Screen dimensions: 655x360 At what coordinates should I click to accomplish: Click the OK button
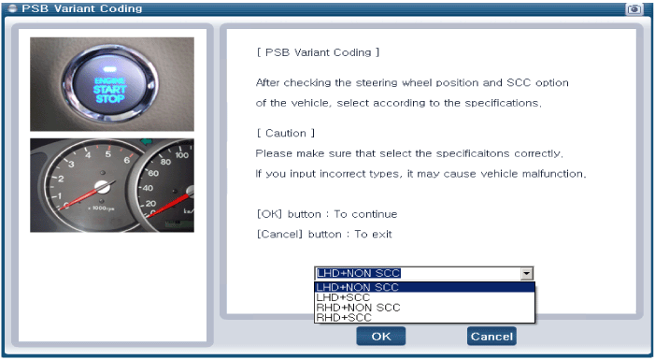click(x=380, y=337)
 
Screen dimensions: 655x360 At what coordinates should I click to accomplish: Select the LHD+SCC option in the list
click(x=343, y=297)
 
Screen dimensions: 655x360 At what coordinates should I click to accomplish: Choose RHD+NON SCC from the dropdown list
click(x=358, y=308)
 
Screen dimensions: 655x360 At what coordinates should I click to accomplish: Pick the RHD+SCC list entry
click(x=344, y=317)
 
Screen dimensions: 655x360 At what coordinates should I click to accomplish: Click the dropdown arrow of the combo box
click(x=526, y=273)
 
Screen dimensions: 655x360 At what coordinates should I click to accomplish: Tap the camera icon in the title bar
click(x=634, y=8)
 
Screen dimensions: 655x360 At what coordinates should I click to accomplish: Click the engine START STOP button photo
click(x=110, y=84)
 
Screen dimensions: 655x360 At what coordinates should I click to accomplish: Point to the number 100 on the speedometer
click(x=181, y=155)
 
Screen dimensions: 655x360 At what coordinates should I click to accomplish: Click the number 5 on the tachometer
click(x=107, y=153)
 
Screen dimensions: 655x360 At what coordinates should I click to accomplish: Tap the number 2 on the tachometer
click(x=61, y=179)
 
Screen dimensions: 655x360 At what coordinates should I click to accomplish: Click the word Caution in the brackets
click(x=286, y=133)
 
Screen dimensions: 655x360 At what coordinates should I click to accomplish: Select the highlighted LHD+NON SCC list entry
click(x=357, y=287)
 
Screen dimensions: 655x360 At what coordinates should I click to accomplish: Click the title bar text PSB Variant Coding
click(x=82, y=8)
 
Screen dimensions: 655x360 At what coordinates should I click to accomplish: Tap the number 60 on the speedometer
click(x=153, y=173)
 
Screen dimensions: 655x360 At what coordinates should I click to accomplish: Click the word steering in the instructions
click(x=377, y=83)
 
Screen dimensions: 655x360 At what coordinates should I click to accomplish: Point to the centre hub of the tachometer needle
click(x=102, y=187)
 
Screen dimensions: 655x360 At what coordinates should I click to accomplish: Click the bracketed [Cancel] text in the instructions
click(x=279, y=234)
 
